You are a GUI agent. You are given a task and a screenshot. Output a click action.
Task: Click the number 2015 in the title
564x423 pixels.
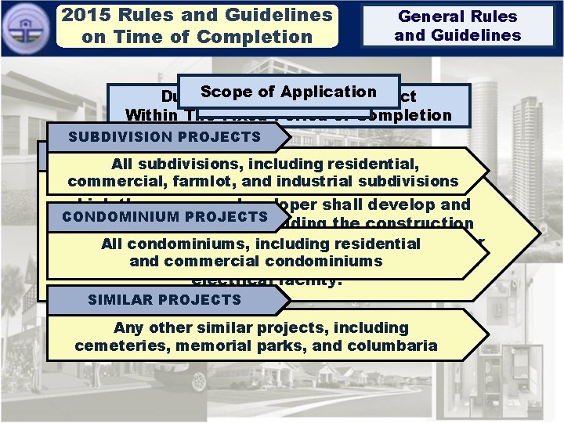(x=87, y=15)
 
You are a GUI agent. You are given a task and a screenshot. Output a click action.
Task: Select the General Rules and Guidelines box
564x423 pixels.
(x=457, y=26)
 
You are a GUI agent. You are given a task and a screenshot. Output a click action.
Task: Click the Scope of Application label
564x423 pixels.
(x=288, y=92)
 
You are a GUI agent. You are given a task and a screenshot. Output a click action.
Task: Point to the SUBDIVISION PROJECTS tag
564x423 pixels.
(x=164, y=137)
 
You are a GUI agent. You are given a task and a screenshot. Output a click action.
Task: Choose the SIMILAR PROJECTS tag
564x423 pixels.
(x=164, y=299)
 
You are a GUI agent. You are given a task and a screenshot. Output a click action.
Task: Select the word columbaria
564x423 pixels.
(x=395, y=345)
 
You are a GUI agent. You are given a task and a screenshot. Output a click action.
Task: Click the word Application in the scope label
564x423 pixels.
(x=330, y=92)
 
